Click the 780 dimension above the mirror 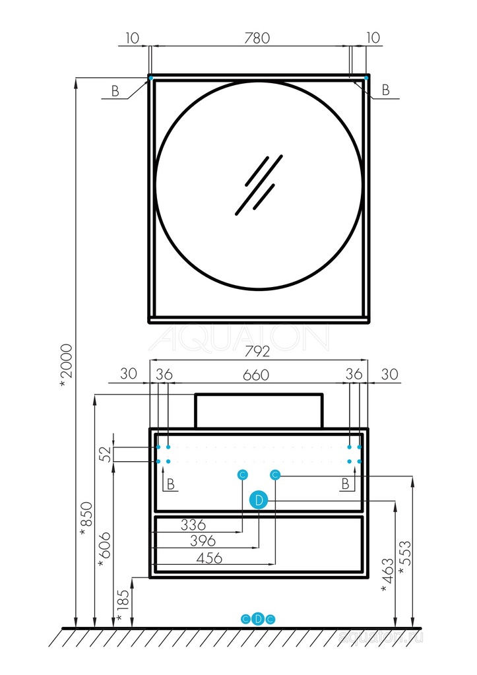257,38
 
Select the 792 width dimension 257,351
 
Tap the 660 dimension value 256,375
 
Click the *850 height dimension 86,519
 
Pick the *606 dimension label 104,550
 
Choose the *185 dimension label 123,607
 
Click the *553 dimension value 405,558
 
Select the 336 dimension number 193,525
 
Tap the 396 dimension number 203,540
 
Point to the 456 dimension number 209,558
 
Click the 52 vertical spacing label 106,454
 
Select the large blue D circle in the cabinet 259,500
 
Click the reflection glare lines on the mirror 259,185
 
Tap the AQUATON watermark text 239,338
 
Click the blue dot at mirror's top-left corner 150,78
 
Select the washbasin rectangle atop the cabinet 259,410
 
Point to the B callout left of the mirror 115,91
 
